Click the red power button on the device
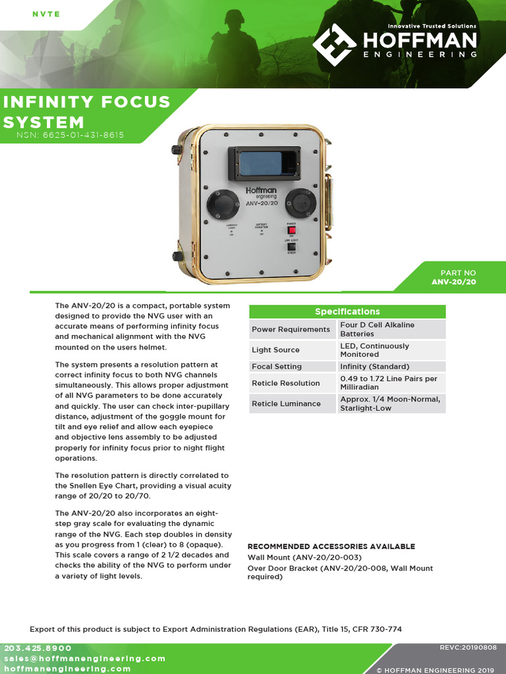pyautogui.click(x=291, y=230)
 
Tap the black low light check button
pyautogui.click(x=291, y=247)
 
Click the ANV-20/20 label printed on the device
pyautogui.click(x=261, y=203)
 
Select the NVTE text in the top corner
pyautogui.click(x=46, y=14)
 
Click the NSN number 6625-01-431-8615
pyautogui.click(x=70, y=136)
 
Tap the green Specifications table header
pyautogui.click(x=347, y=311)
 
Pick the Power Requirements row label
pyautogui.click(x=291, y=329)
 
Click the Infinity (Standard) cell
pyautogui.click(x=374, y=367)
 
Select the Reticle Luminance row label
pyautogui.click(x=286, y=403)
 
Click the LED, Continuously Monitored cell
pyautogui.click(x=374, y=350)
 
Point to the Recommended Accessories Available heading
pyautogui.click(x=331, y=546)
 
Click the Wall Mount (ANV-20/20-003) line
pyautogui.click(x=304, y=557)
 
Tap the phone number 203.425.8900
pyautogui.click(x=38, y=648)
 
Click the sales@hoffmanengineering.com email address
pyautogui.click(x=84, y=658)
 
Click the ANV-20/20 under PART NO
pyautogui.click(x=453, y=282)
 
